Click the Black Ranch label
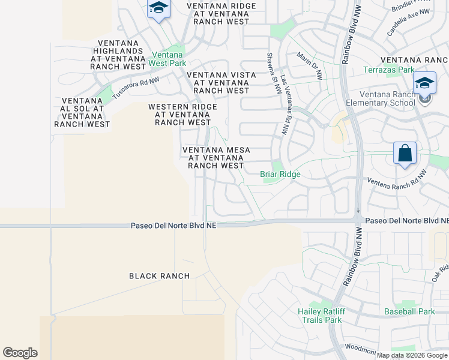pos(160,276)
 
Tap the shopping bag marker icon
pos(405,153)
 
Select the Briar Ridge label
pos(280,175)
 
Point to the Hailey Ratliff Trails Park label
pos(320,316)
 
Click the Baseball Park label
pos(409,311)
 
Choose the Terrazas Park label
pos(389,70)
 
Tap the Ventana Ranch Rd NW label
pos(396,181)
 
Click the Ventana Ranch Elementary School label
pos(387,98)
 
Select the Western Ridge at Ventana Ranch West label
pos(182,114)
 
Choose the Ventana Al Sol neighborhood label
pos(82,112)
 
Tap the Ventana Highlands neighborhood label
pos(118,55)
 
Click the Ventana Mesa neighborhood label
pos(216,157)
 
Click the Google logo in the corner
pos(20,353)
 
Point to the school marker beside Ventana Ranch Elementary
pos(424,83)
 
